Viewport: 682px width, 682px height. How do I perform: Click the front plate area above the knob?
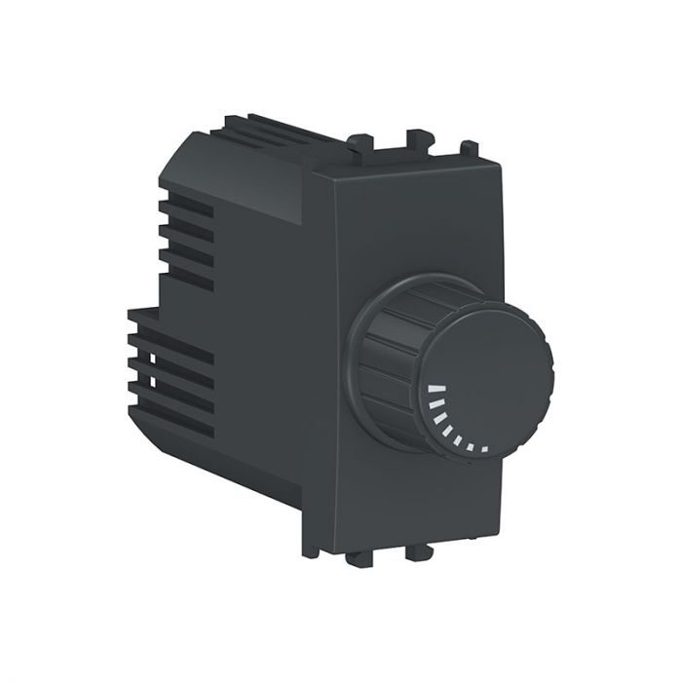(x=419, y=224)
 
